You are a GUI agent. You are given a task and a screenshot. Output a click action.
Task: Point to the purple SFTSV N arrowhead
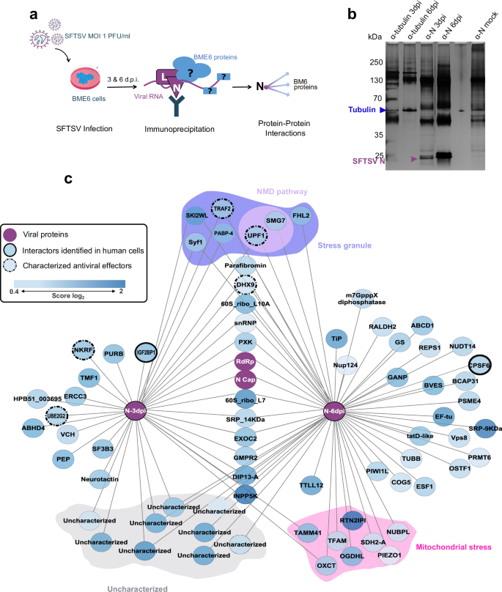414,159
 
